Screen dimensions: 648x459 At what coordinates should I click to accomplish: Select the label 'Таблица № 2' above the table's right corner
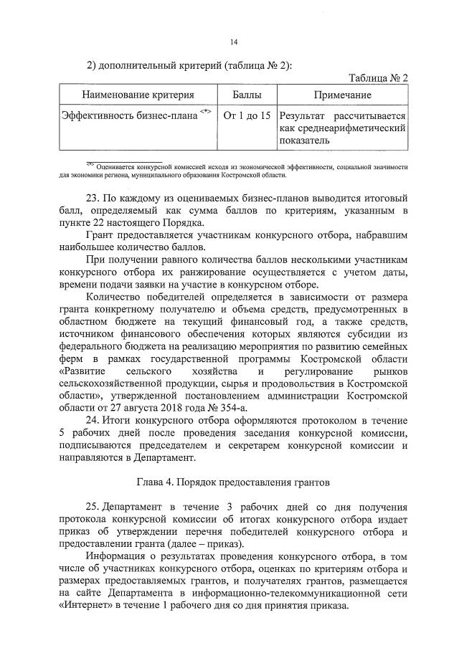(x=378, y=78)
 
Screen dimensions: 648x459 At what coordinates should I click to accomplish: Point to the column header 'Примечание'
(x=342, y=95)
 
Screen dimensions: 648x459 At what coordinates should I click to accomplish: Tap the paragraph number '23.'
(x=95, y=196)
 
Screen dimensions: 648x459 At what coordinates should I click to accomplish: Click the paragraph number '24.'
(x=95, y=419)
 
